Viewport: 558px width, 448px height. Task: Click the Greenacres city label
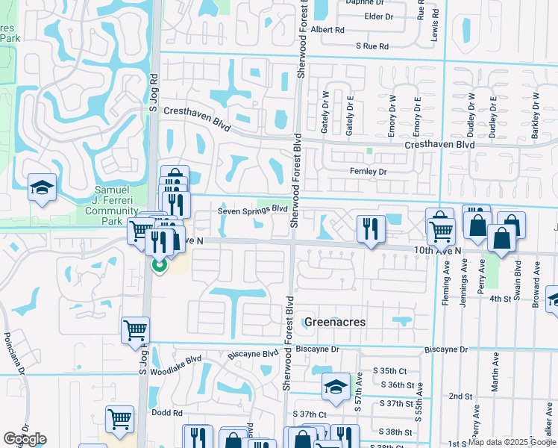coord(333,322)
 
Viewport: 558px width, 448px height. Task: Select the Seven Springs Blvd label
coord(253,210)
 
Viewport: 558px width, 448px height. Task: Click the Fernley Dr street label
coord(369,172)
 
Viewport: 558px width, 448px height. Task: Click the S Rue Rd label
coord(372,46)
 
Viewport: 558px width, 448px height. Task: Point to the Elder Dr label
coord(379,16)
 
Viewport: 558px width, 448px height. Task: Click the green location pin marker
coord(159,264)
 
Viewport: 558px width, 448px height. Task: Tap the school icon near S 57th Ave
coord(336,385)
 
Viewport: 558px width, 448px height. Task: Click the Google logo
coord(25,439)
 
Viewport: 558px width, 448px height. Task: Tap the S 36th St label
coord(396,385)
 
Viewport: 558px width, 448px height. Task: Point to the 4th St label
coord(498,299)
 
